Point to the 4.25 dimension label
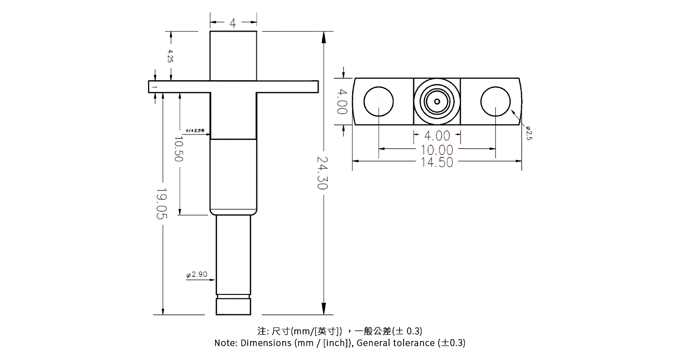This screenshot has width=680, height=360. click(170, 56)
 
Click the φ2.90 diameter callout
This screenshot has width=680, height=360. click(197, 274)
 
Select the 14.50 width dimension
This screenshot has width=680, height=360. click(437, 162)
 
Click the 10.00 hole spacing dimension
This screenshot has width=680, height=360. click(437, 150)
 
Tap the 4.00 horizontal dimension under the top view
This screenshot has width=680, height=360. click(437, 136)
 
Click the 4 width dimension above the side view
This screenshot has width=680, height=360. click(233, 23)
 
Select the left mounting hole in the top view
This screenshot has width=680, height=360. click(378, 102)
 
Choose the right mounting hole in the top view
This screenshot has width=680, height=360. click(495, 102)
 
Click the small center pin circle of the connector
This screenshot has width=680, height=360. click(437, 102)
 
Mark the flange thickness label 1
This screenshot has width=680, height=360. click(153, 87)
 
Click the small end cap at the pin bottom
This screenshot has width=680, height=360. click(234, 307)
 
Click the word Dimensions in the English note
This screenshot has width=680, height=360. click(266, 343)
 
